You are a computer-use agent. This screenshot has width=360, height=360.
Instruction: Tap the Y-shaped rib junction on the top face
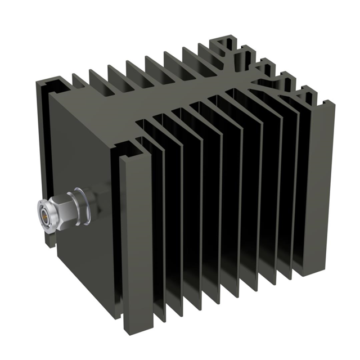coord(256,76)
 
